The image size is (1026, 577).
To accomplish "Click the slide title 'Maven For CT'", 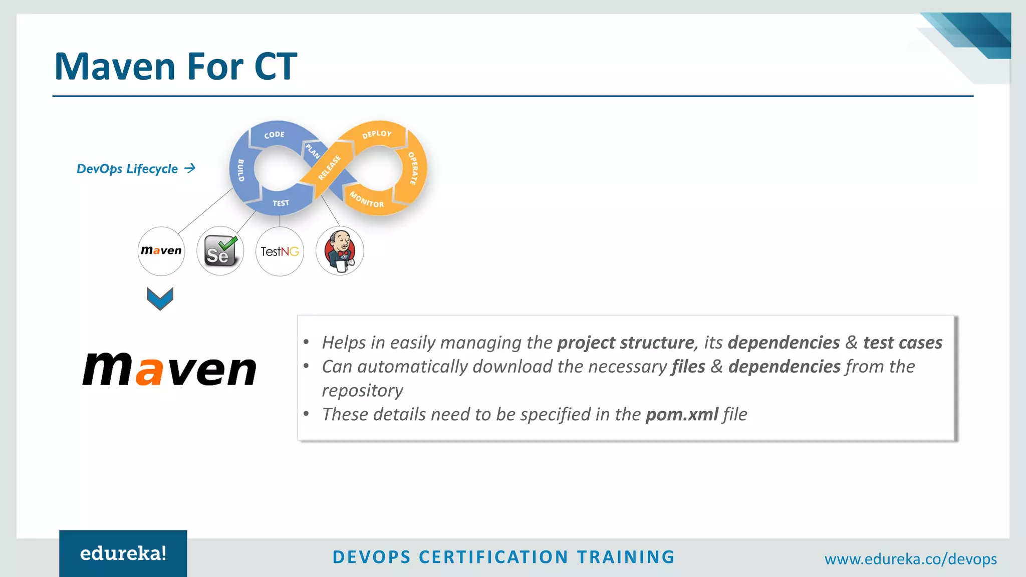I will coord(175,66).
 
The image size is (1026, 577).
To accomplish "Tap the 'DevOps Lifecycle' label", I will coord(127,169).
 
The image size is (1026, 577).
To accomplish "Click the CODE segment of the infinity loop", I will coord(275,134).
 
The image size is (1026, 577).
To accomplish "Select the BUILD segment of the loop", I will coord(241,170).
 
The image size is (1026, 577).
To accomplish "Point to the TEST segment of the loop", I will coord(281,203).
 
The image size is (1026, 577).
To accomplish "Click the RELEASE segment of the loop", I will coord(329,168).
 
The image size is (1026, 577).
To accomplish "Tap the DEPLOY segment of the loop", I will coord(377,134).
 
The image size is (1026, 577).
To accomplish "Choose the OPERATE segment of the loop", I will coord(413,168).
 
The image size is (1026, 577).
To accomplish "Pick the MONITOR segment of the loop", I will coord(367,200).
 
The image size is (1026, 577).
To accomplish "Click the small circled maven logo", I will coord(161,250).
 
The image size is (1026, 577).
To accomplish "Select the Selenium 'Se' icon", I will coord(220,251).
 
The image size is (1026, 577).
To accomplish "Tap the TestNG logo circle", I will coord(280,251).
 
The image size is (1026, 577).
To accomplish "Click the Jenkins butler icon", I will coord(340,251).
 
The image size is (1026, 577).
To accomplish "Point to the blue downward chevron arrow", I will coord(160,298).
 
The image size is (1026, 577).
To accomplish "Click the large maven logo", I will coord(169,370).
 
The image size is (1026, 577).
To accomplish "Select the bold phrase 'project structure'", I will coord(625,343).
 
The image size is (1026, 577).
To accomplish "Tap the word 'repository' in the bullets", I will coord(362,391).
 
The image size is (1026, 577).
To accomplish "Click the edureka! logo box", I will coord(123,553).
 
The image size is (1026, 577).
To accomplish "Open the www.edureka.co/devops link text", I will coord(910,559).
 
